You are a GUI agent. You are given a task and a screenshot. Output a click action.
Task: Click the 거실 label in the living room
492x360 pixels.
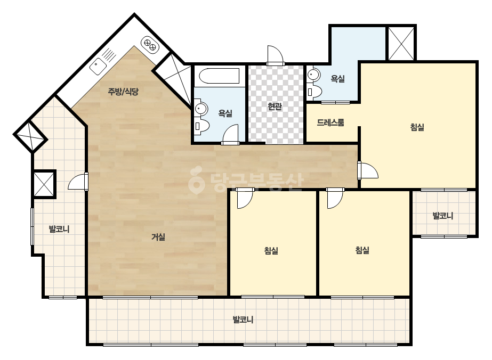[x=158, y=237]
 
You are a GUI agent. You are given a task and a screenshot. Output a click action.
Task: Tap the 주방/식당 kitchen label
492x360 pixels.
[x=123, y=92]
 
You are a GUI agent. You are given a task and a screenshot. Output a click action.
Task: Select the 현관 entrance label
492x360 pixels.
[x=275, y=107]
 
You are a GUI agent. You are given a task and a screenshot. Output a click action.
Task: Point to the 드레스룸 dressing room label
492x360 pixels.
[x=330, y=122]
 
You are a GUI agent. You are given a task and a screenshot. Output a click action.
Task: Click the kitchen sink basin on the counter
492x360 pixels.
[x=98, y=67]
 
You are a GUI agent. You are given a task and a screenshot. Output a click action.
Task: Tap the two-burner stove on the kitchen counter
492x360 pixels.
[x=150, y=45]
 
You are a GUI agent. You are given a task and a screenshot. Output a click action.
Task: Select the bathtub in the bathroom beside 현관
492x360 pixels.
[x=219, y=76]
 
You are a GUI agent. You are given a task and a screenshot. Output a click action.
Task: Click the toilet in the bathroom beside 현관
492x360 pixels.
[x=202, y=126]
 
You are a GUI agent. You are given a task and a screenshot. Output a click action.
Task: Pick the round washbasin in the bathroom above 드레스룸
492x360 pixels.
[x=313, y=75]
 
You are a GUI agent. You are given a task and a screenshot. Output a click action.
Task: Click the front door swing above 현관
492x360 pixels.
[x=276, y=55]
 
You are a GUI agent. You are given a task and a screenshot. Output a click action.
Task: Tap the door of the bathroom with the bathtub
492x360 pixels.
[x=230, y=135]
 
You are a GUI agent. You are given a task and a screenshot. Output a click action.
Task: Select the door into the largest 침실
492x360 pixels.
[x=368, y=170]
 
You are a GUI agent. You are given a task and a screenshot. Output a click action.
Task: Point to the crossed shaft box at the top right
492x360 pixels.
[x=401, y=43]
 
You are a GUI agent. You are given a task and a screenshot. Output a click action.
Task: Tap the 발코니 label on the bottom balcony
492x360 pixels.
[x=243, y=320]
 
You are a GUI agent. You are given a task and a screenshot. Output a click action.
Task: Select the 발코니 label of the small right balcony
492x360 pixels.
[x=443, y=216]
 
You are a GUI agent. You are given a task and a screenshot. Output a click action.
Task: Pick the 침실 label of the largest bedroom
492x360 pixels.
[x=417, y=127]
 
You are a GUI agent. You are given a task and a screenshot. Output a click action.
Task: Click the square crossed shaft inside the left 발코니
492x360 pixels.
[x=44, y=184]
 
